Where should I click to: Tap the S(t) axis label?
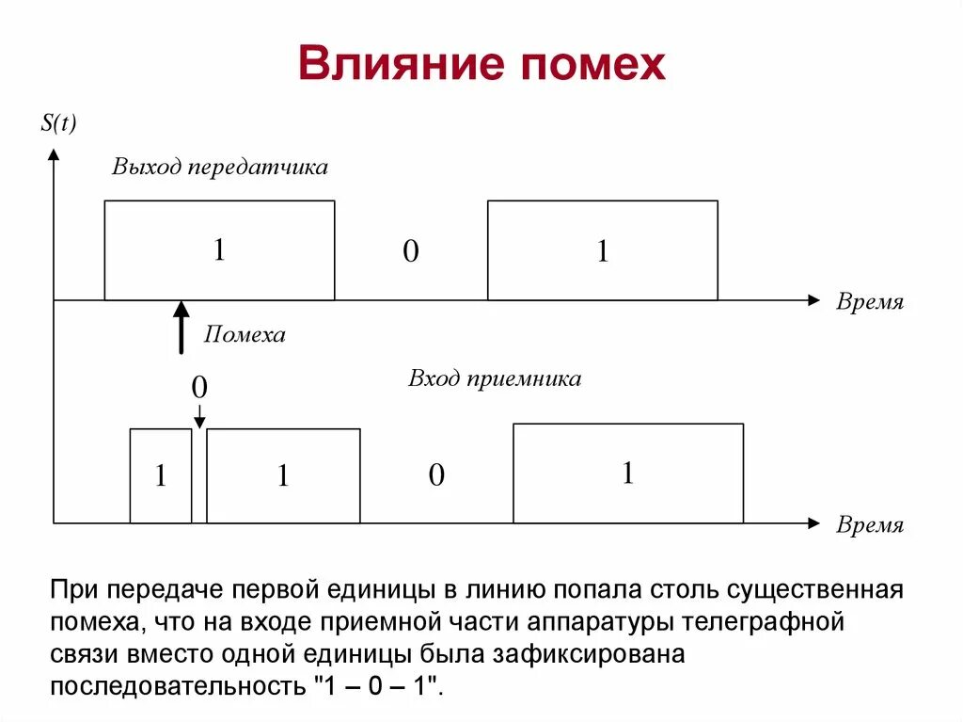pyautogui.click(x=58, y=123)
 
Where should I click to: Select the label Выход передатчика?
pyautogui.click(x=220, y=167)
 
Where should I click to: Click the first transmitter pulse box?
pyautogui.click(x=219, y=250)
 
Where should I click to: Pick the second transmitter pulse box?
pyautogui.click(x=602, y=250)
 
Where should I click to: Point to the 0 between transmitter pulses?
pyautogui.click(x=411, y=251)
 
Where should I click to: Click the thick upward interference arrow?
pyautogui.click(x=181, y=327)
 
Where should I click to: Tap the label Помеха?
pyautogui.click(x=245, y=334)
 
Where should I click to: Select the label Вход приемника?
pyautogui.click(x=495, y=378)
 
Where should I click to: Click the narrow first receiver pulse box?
pyautogui.click(x=160, y=475)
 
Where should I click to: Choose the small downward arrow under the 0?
pyautogui.click(x=199, y=414)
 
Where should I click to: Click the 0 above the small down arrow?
pyautogui.click(x=199, y=387)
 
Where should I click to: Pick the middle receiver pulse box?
pyautogui.click(x=283, y=475)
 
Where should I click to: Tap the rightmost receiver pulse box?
pyautogui.click(x=627, y=473)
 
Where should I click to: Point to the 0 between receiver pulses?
pyautogui.click(x=436, y=475)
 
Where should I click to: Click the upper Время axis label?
pyautogui.click(x=870, y=302)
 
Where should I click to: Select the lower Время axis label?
pyautogui.click(x=870, y=525)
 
